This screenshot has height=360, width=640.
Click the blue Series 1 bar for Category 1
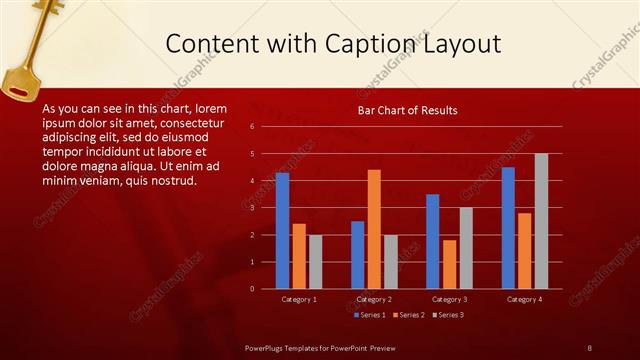[282, 230]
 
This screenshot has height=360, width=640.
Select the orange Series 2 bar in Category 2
[374, 229]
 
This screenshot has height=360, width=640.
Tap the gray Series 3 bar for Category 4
[541, 221]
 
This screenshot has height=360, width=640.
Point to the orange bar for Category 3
[449, 264]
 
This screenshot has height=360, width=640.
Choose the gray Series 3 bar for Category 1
[315, 261]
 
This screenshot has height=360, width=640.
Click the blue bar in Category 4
[508, 228]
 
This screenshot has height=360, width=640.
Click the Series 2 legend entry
[408, 315]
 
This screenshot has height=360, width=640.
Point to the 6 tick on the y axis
[252, 127]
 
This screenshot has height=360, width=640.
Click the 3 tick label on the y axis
[252, 208]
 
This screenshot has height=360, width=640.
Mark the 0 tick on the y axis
[252, 289]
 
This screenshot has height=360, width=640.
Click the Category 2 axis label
[373, 299]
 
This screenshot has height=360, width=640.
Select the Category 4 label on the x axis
[524, 299]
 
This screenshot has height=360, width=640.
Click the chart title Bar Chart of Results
[408, 110]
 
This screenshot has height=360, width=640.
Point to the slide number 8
[589, 348]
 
